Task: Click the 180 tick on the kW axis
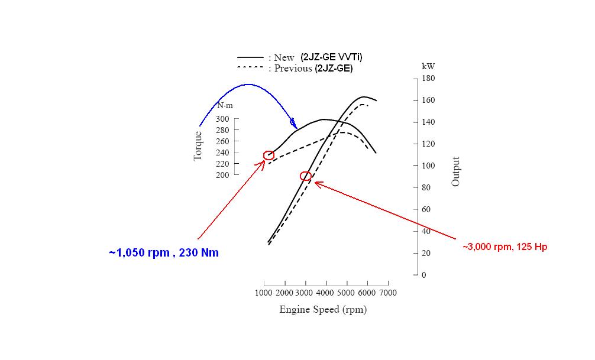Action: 428,78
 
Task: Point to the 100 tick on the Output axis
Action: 428,166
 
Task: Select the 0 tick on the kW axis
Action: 423,275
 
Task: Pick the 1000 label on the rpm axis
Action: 264,293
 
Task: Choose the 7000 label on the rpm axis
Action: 387,293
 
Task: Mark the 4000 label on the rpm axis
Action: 325,293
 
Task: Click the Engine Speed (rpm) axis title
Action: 323,310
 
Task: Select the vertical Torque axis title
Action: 198,145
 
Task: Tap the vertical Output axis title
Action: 455,171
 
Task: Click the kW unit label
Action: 428,67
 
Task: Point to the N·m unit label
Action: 225,106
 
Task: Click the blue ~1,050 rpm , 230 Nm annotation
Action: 164,253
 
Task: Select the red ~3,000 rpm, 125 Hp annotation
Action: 505,247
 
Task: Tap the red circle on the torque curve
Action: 269,155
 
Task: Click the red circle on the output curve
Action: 306,176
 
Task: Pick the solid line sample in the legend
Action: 250,57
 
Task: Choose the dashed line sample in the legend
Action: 250,68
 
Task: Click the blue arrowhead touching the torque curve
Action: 294,125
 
